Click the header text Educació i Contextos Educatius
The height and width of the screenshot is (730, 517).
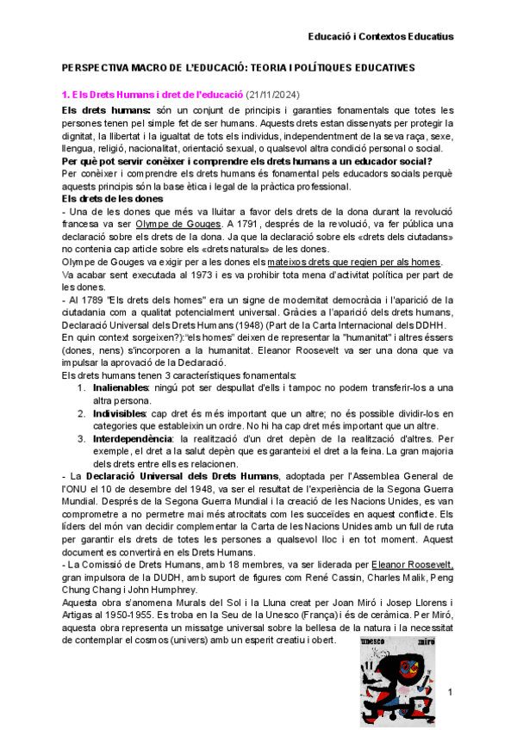382,36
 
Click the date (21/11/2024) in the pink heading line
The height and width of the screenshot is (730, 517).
275,94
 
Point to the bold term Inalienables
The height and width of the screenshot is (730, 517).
121,389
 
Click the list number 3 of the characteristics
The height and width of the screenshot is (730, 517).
81,439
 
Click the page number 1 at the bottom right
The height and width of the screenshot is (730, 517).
450,691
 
